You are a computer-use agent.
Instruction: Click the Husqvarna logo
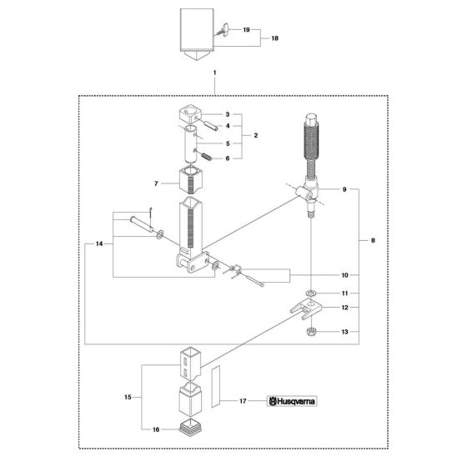[292, 401]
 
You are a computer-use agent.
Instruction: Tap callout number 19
[246, 30]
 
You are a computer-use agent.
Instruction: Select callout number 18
[274, 38]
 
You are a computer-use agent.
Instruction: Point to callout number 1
[215, 73]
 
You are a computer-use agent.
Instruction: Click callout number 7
[156, 183]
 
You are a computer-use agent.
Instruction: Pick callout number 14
[99, 244]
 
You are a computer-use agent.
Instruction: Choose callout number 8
[374, 240]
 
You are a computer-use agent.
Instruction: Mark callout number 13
[344, 332]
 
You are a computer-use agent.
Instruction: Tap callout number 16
[156, 429]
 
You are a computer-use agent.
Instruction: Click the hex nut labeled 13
[311, 331]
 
